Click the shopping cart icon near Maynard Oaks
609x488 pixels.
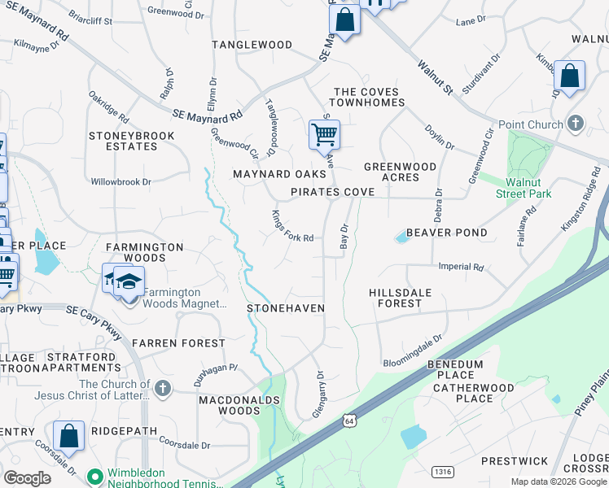coord(324,133)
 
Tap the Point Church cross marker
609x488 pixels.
coord(576,124)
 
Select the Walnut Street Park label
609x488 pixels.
coord(524,188)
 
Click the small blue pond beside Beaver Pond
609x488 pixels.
coord(401,237)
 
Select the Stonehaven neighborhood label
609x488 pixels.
coord(286,309)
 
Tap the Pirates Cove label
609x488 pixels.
coord(333,192)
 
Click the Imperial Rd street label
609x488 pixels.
coord(461,267)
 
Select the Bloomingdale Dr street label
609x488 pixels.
coord(414,351)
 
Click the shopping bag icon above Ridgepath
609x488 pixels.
coord(69,435)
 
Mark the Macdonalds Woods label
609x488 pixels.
coord(240,406)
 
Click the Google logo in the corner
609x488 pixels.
coord(27,478)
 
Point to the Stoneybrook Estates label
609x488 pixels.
coord(123,141)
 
